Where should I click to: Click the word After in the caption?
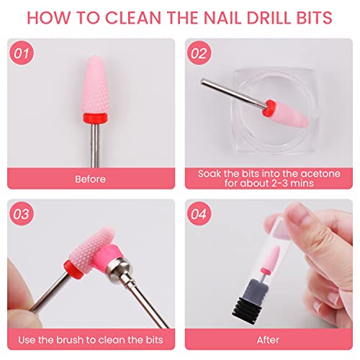click(267, 339)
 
